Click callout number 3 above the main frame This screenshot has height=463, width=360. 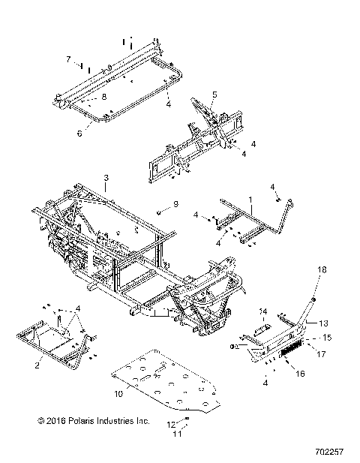[x=106, y=177]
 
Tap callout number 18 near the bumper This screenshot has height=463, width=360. [x=322, y=269]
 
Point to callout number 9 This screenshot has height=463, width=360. [x=175, y=204]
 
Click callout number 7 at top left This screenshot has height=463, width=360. [x=67, y=59]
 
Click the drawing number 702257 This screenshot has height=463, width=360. [x=331, y=453]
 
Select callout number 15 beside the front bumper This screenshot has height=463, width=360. [x=327, y=337]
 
